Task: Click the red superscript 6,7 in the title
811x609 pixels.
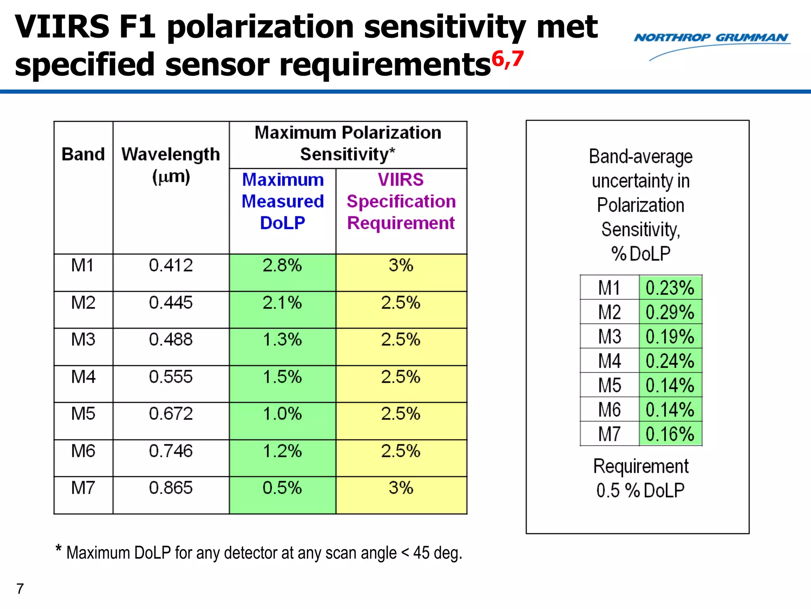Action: [x=508, y=59]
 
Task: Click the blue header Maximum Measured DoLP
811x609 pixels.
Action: [x=282, y=201]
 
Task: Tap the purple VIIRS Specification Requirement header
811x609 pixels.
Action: [x=401, y=201]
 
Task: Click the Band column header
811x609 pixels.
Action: [x=83, y=154]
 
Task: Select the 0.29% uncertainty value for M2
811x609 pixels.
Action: [x=670, y=312]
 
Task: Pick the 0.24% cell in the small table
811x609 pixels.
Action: [x=670, y=361]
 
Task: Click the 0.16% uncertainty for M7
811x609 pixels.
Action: [x=670, y=434]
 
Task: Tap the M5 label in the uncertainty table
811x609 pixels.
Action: [x=609, y=385]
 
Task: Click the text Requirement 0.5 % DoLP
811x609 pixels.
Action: [x=640, y=478]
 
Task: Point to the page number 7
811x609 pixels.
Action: [x=20, y=589]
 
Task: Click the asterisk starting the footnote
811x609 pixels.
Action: [x=59, y=549]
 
